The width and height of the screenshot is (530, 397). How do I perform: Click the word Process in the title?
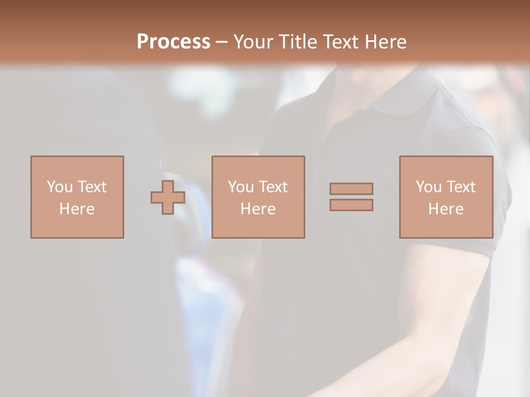(x=173, y=42)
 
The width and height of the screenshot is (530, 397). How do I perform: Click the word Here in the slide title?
(x=386, y=42)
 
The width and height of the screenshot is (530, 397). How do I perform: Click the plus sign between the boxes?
(x=168, y=197)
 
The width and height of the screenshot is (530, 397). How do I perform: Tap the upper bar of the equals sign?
(x=351, y=189)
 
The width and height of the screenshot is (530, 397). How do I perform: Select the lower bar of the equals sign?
(x=351, y=205)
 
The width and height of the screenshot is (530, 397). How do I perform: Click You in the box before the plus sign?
(x=60, y=187)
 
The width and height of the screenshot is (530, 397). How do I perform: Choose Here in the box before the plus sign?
(x=77, y=209)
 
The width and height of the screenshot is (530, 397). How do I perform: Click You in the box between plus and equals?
(x=241, y=187)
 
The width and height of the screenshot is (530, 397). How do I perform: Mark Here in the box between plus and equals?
(x=258, y=209)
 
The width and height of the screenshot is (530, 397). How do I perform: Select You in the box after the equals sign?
(x=428, y=187)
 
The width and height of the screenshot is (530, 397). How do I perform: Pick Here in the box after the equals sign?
(x=446, y=209)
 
